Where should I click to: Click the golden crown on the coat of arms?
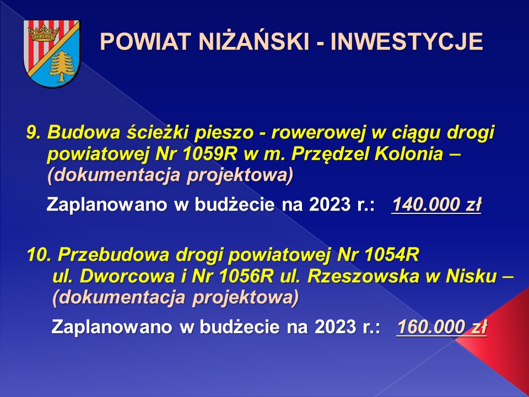pos(43,33)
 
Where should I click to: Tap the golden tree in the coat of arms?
pos(62,66)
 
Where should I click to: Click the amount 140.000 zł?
pos(436,205)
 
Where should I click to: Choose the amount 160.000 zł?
pos(441,327)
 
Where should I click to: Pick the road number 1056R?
pos(247,276)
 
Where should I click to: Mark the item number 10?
pos(39,255)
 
